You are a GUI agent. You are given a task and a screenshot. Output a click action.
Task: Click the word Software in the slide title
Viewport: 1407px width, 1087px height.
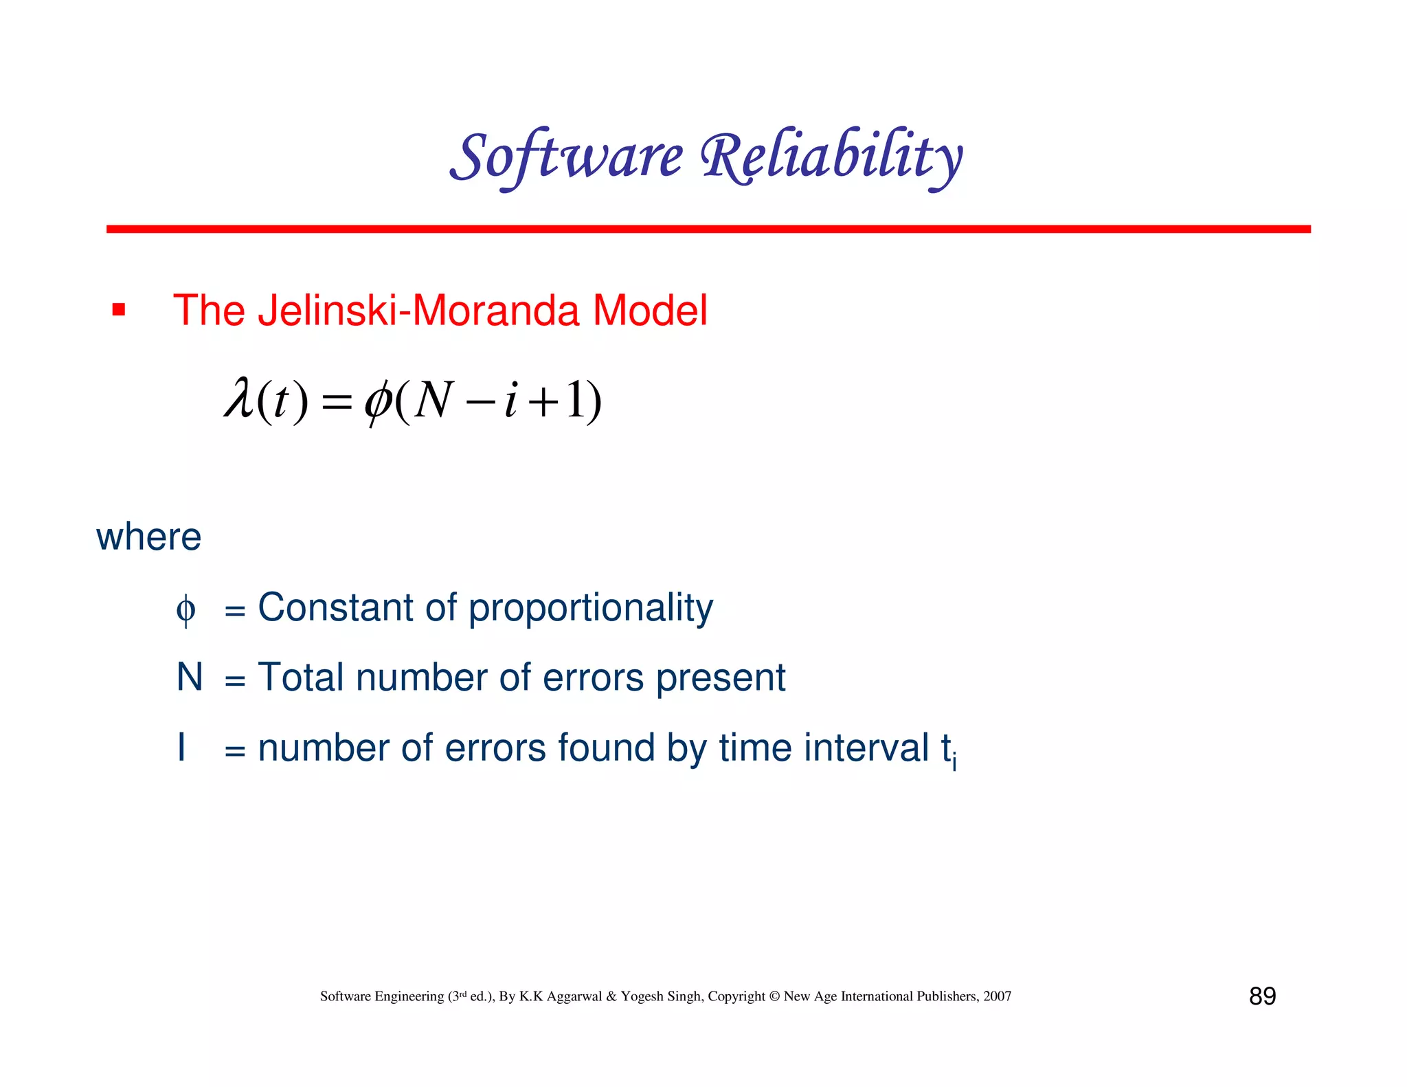click(567, 157)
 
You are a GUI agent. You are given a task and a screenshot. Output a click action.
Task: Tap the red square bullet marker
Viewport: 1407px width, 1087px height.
click(119, 311)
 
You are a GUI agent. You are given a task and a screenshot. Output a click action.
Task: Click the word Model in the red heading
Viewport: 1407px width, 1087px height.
click(649, 311)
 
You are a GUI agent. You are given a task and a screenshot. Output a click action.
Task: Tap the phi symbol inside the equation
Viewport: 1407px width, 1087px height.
click(379, 401)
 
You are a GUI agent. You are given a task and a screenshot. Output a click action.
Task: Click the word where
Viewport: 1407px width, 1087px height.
click(148, 537)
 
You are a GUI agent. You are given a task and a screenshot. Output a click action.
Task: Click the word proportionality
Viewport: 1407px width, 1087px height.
click(591, 609)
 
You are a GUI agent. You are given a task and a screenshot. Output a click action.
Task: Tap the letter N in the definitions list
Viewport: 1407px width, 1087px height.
click(190, 677)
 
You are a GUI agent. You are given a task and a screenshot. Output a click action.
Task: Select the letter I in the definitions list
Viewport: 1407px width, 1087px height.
click(181, 747)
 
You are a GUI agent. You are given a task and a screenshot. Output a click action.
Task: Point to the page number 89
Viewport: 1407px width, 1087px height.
click(1262, 996)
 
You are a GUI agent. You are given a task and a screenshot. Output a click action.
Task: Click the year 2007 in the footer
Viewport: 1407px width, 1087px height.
click(997, 996)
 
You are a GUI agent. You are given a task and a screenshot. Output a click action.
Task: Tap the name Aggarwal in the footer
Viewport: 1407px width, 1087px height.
click(574, 996)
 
